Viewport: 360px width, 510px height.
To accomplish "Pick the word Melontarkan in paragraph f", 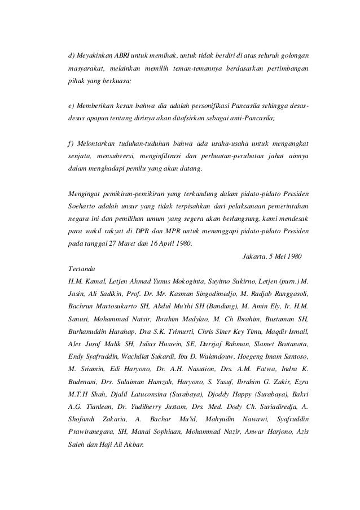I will (x=94, y=143).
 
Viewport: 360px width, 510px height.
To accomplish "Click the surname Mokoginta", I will (x=175, y=281).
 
